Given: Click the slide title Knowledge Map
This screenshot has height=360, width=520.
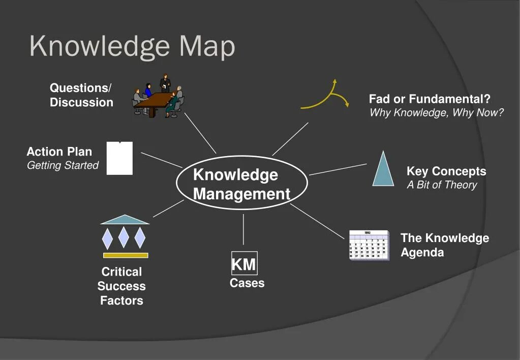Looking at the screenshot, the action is pyautogui.click(x=132, y=46).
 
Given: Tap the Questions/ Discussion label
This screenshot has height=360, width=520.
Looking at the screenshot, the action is pyautogui.click(x=81, y=95).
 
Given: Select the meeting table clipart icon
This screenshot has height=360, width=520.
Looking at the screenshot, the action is pyautogui.click(x=158, y=98).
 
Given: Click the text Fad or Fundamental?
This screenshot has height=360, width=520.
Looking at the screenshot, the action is pyautogui.click(x=430, y=99).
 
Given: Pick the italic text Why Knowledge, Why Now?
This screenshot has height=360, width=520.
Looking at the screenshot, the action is pyautogui.click(x=437, y=113).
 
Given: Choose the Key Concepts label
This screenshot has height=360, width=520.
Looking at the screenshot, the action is pyautogui.click(x=446, y=171).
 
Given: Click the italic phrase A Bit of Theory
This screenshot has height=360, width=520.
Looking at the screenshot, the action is pyautogui.click(x=442, y=185).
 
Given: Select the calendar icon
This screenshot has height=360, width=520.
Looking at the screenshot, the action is pyautogui.click(x=369, y=245).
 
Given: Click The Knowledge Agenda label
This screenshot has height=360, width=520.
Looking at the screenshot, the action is pyautogui.click(x=444, y=245).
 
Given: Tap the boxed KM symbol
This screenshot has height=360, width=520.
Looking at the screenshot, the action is pyautogui.click(x=244, y=264).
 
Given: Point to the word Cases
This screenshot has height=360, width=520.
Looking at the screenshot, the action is pyautogui.click(x=247, y=283).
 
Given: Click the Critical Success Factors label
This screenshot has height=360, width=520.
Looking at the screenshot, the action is pyautogui.click(x=121, y=286).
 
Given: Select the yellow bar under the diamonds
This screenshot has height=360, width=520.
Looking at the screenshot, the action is pyautogui.click(x=126, y=255).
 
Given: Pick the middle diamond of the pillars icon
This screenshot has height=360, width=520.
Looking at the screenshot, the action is pyautogui.click(x=124, y=237).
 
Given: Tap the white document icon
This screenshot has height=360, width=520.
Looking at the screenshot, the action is pyautogui.click(x=120, y=158).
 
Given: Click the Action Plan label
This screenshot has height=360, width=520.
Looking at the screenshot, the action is pyautogui.click(x=59, y=152).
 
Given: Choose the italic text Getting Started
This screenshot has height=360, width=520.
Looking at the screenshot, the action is pyautogui.click(x=63, y=165).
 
